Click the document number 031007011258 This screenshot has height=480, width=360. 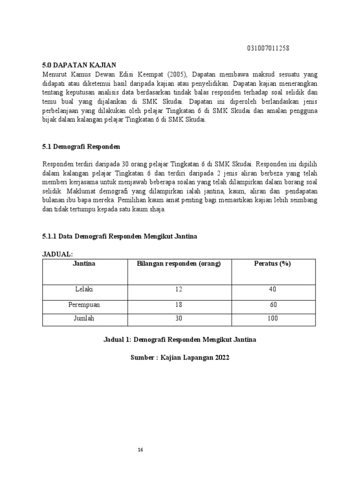(268, 49)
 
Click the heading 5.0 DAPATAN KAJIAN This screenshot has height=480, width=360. (79, 65)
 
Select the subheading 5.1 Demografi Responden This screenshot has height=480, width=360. (81, 147)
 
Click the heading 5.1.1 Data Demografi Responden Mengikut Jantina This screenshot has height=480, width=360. (120, 237)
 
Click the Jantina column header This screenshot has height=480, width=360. (84, 263)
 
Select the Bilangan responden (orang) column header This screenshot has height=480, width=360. (178, 263)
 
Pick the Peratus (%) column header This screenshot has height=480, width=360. (272, 263)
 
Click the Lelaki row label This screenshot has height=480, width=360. (84, 289)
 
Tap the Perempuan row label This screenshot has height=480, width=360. (84, 305)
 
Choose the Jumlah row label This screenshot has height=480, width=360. (84, 318)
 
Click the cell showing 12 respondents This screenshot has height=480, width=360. (178, 289)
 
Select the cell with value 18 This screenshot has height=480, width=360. (178, 305)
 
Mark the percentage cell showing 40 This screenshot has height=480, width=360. (272, 289)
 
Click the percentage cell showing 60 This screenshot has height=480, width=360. (273, 305)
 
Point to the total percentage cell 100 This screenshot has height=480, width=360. (272, 318)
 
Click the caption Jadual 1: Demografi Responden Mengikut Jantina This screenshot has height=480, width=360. (180, 339)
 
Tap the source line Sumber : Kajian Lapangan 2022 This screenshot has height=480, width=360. (180, 358)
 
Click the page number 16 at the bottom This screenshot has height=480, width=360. (140, 450)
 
